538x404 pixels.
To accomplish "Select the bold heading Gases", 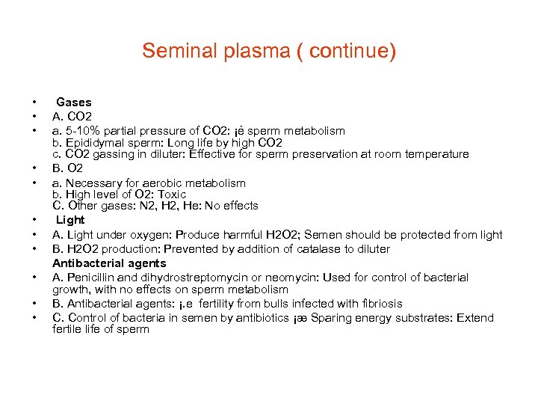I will (x=74, y=102).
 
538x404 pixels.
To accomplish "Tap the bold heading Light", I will (x=71, y=220).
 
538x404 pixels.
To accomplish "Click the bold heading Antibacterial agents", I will (x=109, y=263).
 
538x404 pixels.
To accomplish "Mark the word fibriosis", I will (x=379, y=304).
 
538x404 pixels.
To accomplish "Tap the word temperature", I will (x=439, y=154).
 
